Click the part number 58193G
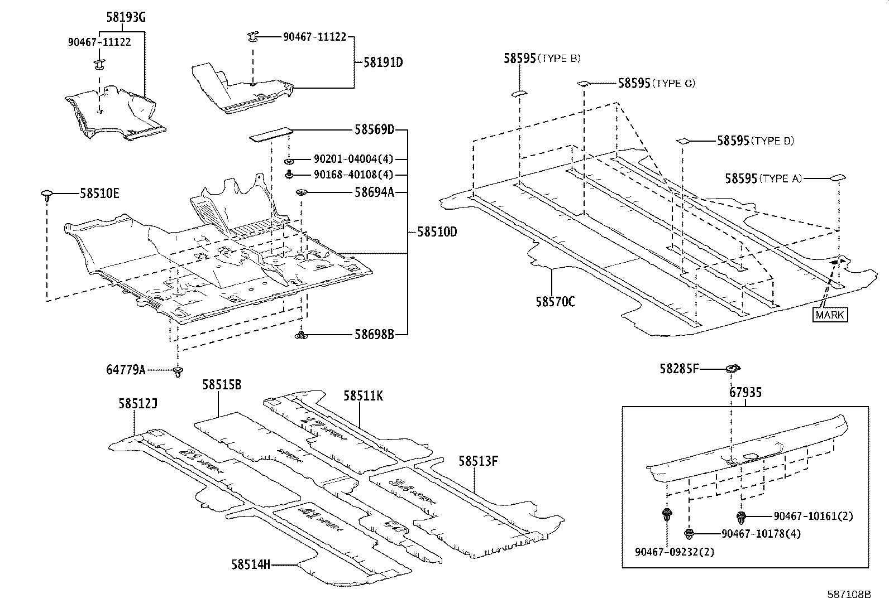[x=126, y=17]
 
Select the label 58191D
[x=383, y=62]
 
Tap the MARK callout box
[x=830, y=315]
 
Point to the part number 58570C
[x=555, y=302]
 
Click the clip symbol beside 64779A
[x=178, y=371]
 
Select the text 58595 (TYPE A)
[x=763, y=178]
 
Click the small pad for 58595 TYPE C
[x=584, y=84]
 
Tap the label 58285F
[x=679, y=369]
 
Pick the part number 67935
[x=745, y=393]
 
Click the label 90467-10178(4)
[x=761, y=534]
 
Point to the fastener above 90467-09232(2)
[x=666, y=514]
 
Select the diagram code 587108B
[x=849, y=595]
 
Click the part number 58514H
[x=251, y=564]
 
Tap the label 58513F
[x=478, y=461]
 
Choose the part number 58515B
[x=222, y=385]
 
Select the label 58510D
[x=437, y=231]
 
